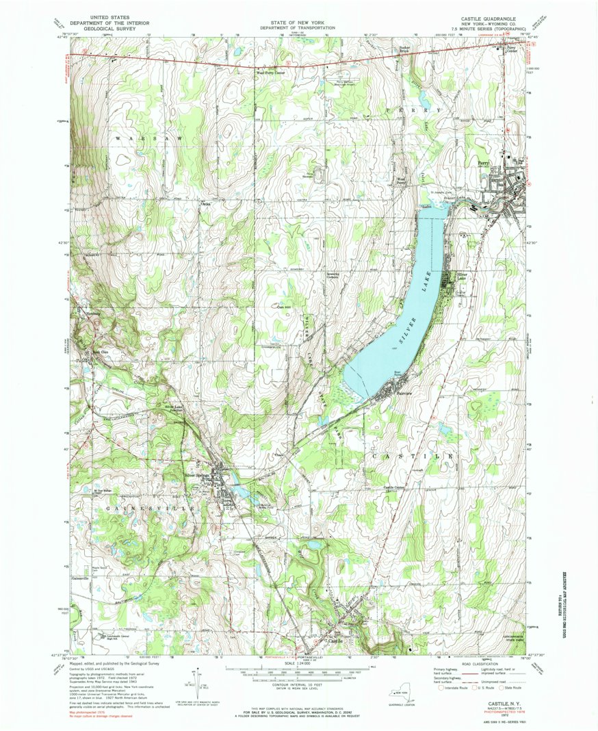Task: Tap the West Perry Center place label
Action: [x=270, y=72]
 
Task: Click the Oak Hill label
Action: [x=283, y=307]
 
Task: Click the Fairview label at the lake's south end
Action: [x=400, y=394]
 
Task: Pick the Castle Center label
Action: [x=395, y=487]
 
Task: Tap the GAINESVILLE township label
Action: [x=146, y=509]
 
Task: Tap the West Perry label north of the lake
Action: [x=403, y=181]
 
